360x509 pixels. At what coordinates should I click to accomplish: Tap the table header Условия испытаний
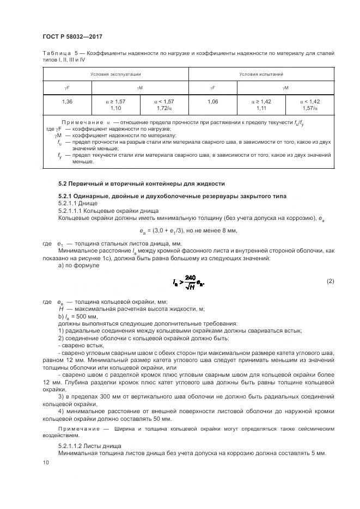click(261, 73)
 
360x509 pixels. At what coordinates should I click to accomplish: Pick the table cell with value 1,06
click(213, 101)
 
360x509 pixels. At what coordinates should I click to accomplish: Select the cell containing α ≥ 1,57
click(115, 101)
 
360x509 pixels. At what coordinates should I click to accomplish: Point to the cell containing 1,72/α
click(164, 108)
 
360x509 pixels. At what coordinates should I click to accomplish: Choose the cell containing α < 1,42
click(309, 101)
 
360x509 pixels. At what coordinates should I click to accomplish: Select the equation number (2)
click(330, 281)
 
